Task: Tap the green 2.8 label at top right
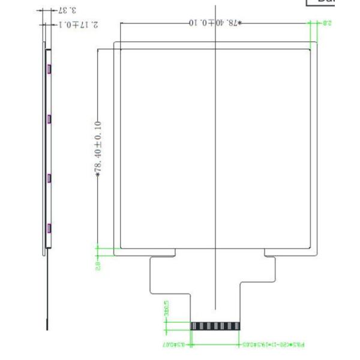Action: click(328, 23)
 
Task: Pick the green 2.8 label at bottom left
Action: click(98, 263)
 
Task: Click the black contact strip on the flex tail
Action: click(215, 326)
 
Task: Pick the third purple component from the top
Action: click(49, 178)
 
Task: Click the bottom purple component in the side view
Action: click(49, 227)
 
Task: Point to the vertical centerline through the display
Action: click(215, 150)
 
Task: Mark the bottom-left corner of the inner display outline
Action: click(122, 247)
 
